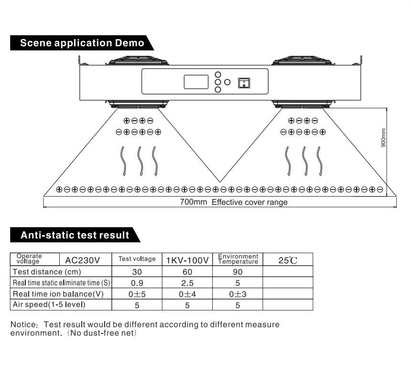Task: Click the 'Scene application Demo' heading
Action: click(82, 43)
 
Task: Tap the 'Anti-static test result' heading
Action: click(75, 235)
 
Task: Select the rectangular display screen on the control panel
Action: click(196, 82)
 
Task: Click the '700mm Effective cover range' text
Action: click(234, 202)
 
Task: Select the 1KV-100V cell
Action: click(187, 260)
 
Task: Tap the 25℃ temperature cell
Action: click(288, 260)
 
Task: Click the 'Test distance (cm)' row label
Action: click(47, 272)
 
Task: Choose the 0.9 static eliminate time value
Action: click(137, 283)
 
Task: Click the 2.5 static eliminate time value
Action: click(187, 283)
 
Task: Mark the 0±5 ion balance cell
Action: click(137, 294)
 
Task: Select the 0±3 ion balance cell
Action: click(238, 294)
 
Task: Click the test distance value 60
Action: click(187, 272)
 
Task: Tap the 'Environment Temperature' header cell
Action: click(238, 259)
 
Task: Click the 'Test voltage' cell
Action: click(137, 259)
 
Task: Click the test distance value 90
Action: click(238, 272)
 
